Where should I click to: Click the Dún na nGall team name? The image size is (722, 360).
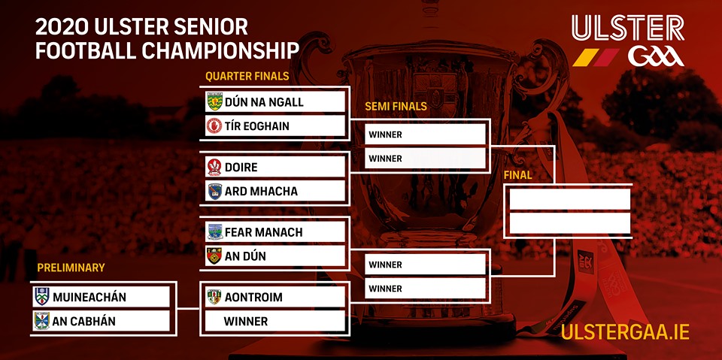[x=264, y=101]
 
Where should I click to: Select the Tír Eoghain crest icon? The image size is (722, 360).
[x=214, y=126]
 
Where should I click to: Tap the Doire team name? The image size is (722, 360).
[x=241, y=167]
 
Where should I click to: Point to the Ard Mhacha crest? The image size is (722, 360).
[x=214, y=191]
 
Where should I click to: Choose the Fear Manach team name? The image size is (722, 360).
[x=263, y=232]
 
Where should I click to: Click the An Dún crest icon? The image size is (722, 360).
[x=214, y=256]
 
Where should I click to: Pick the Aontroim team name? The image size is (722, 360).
[x=253, y=298]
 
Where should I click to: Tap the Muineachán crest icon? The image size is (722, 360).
[x=42, y=296]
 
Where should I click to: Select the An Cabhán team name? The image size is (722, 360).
[x=83, y=321]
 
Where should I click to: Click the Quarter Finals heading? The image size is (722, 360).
[x=247, y=76]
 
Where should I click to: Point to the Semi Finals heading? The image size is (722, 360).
[x=396, y=106]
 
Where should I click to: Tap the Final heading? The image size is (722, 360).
[x=518, y=175]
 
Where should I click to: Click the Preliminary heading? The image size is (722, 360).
[x=71, y=268]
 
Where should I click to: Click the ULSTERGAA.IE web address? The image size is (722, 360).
[x=625, y=333]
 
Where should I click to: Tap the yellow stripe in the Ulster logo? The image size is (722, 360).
[x=585, y=57]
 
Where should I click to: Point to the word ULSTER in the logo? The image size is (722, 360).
[x=628, y=28]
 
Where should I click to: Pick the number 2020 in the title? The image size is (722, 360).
[x=62, y=28]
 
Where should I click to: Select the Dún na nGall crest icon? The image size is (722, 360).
[x=214, y=101]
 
